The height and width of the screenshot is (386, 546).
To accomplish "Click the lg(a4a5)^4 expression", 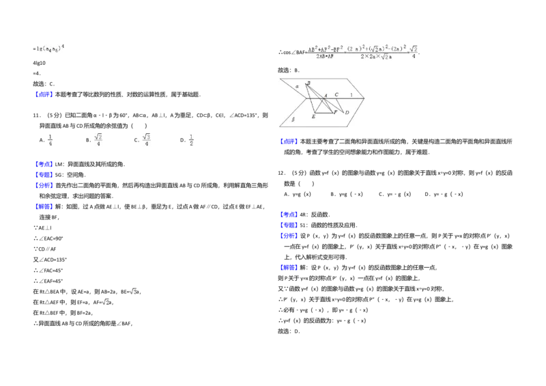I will point(49,46).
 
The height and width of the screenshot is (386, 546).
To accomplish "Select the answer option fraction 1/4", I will point(49,139).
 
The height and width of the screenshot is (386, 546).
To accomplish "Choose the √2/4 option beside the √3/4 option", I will point(98,139).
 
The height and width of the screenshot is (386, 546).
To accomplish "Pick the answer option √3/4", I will point(147,139).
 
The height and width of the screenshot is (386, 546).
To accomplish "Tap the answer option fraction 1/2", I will point(191,139).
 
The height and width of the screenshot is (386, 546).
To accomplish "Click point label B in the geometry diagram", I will point(308,83).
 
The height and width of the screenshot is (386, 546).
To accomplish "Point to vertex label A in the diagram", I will point(326,96).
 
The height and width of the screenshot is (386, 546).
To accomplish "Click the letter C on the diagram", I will point(336,95).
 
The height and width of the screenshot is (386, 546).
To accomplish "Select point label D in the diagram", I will point(347,113).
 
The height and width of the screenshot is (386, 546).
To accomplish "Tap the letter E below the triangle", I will point(313,118).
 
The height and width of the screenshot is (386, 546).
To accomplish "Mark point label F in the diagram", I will point(335,111).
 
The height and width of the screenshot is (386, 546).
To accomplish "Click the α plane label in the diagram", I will point(297,87).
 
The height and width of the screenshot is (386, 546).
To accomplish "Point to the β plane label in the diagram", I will point(293,119).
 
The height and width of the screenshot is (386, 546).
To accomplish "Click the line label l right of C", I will point(351,95).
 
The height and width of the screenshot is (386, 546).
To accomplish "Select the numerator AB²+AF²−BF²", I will point(324,49).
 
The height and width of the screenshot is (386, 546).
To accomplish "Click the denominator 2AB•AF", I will point(324,57).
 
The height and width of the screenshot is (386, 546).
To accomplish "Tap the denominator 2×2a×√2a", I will point(376,57).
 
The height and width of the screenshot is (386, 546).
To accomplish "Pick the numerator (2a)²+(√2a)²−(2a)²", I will point(376,49).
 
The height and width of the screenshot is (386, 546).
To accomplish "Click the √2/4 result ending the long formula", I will point(414,52).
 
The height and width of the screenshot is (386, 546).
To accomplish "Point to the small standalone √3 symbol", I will point(134,290).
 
